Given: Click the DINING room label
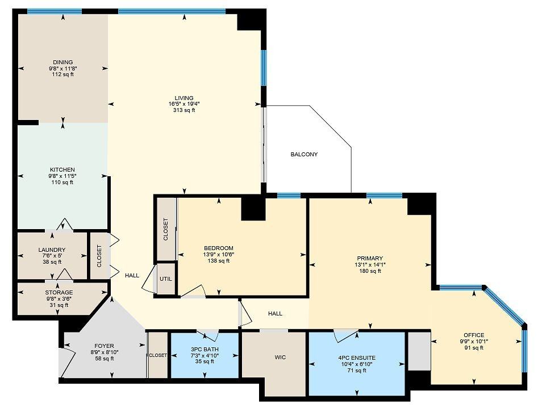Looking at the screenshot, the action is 63,62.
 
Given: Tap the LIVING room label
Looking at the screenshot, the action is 184,98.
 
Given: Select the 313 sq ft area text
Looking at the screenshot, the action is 184,110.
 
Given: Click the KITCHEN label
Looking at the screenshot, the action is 62,169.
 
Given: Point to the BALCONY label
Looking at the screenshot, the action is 304,155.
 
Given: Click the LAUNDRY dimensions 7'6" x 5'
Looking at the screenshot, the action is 52,256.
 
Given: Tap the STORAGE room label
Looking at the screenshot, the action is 59,292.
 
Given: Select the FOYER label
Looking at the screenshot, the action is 105,346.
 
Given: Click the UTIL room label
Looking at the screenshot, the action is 166,279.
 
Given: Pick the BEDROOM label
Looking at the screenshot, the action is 219,248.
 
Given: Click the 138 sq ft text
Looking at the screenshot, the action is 219,261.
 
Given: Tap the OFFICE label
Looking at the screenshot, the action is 474,335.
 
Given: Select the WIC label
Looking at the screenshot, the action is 280,357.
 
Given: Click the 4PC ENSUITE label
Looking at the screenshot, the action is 357,358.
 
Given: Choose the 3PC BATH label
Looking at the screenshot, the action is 205,350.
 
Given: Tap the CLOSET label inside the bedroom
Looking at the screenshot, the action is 166,229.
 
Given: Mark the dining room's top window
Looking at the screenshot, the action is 55,11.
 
